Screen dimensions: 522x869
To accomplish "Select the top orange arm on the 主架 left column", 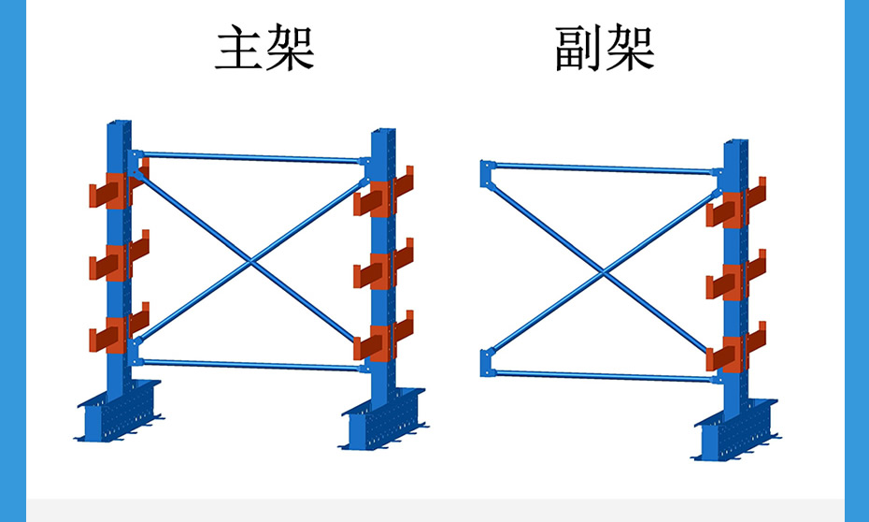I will pos(113,191).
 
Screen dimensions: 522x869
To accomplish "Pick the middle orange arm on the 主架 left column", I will pos(113,262).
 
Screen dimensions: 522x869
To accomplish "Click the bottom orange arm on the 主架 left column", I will pos(113,334).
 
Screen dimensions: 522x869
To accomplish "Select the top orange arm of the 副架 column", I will pos(732,210).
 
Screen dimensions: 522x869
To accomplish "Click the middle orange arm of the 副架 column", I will pos(732,282).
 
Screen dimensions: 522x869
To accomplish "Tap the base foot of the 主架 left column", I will pos(116,413).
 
